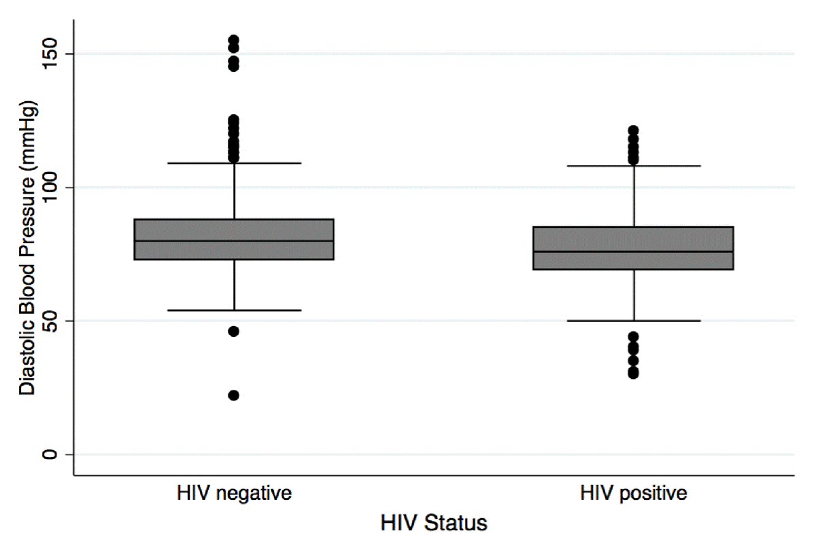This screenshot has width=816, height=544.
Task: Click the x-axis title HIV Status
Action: point(434,524)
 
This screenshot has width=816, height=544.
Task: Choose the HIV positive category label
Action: point(634,492)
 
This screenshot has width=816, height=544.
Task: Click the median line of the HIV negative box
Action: point(234,240)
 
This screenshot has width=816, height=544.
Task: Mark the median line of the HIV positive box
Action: point(634,251)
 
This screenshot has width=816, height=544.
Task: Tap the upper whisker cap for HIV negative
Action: point(234,163)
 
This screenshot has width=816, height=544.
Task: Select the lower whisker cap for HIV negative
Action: point(234,310)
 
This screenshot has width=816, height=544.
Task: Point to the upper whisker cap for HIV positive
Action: point(634,166)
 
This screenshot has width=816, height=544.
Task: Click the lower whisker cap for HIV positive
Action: point(634,321)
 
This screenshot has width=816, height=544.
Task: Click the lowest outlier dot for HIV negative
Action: point(233,395)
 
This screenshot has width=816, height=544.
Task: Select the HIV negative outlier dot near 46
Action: point(233,331)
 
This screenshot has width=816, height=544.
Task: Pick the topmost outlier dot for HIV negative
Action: point(233,40)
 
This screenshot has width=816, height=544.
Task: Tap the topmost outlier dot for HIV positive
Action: point(634,130)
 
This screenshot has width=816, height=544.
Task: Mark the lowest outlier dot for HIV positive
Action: point(634,374)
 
